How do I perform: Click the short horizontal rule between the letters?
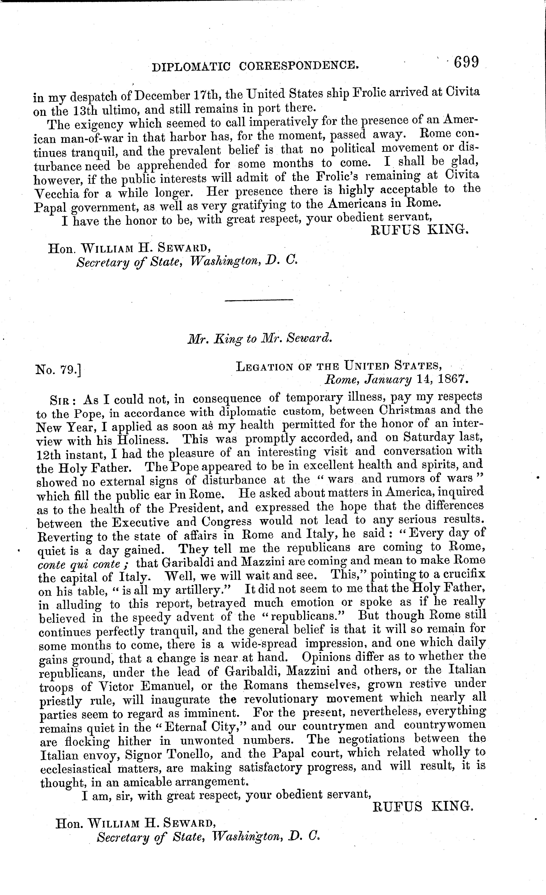tap(259, 300)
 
